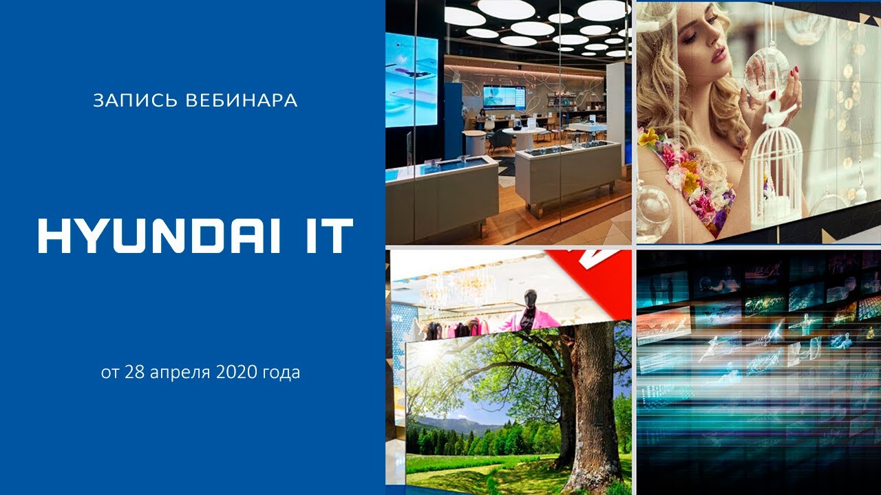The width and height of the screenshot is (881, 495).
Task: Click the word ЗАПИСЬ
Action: click(x=136, y=100)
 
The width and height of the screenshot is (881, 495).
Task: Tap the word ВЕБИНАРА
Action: click(x=242, y=100)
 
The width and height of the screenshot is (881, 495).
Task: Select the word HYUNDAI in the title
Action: click(x=159, y=236)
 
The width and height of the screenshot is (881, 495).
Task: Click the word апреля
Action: click(x=180, y=373)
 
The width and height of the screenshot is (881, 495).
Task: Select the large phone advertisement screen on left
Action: click(x=412, y=80)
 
